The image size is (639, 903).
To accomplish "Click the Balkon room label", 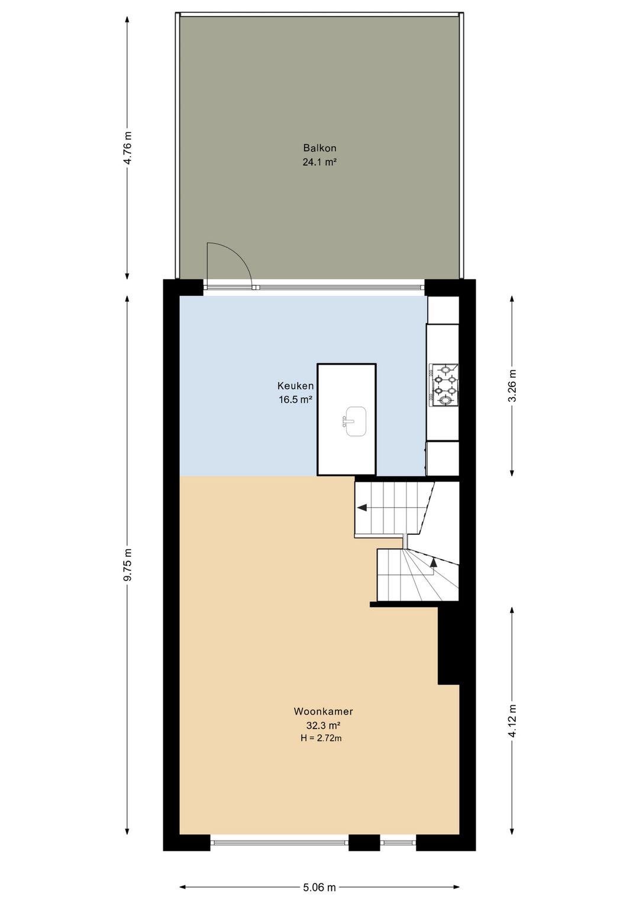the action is coord(319,148).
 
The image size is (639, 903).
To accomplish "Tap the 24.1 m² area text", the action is coord(319,163).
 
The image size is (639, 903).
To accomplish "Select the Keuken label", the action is coord(295,386).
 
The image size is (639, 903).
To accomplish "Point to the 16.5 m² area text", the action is coord(295,400).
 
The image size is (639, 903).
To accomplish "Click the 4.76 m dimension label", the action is coord(128,148).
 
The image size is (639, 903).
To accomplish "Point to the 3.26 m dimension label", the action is coord(512,386).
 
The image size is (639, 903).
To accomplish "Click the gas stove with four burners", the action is coord(444,384).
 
